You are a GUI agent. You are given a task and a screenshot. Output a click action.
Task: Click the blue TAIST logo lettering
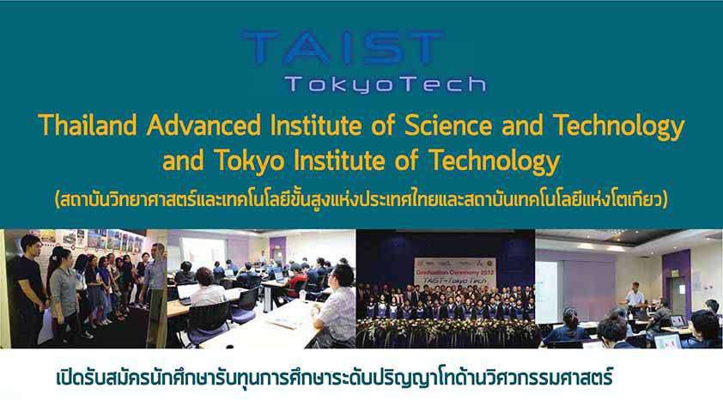[343, 47]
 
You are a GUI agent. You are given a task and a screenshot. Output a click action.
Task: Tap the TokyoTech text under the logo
[386, 84]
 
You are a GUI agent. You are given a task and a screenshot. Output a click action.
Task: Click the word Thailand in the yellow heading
[88, 124]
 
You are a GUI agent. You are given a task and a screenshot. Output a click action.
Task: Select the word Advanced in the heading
[204, 124]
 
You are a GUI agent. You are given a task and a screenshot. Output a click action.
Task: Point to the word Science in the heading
[448, 124]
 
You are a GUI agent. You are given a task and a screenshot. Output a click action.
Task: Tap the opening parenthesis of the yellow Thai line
[58, 201]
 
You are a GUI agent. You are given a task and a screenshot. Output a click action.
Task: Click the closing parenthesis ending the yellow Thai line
[665, 201]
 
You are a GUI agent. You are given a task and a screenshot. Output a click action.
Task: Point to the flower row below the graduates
[446, 330]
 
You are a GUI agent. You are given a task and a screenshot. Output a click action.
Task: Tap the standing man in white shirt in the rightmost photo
[635, 297]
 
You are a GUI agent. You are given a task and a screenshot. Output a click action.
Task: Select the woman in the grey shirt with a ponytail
[64, 295]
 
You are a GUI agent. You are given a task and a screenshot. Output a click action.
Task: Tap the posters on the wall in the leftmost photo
[92, 240]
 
